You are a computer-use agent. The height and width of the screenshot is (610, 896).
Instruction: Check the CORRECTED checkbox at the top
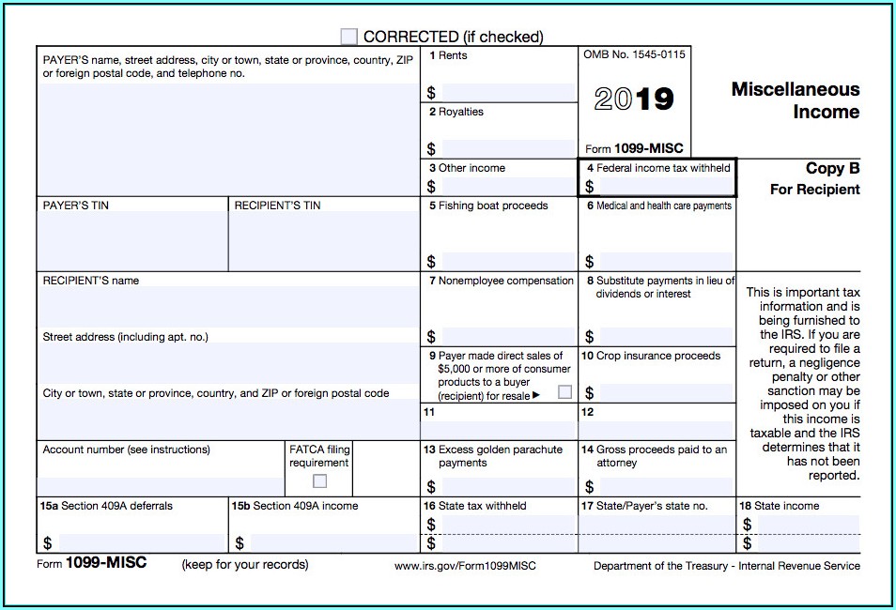pos(349,37)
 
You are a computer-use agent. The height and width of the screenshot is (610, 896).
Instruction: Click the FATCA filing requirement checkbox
pos(320,480)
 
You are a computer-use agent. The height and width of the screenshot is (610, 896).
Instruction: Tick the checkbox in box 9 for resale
pos(564,392)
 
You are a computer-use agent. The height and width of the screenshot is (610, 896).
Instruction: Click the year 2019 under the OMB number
pos(634,99)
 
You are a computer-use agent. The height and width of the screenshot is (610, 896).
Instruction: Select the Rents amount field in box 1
pos(507,92)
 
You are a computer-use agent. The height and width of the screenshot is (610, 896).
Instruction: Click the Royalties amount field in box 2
pos(507,148)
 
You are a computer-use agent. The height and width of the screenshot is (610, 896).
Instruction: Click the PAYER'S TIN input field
pos(132,241)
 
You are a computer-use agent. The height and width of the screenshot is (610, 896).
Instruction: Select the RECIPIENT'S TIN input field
pos(324,241)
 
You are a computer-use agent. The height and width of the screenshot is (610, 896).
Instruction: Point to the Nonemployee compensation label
pos(505,281)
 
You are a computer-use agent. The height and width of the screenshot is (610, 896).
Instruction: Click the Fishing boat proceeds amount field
pos(507,261)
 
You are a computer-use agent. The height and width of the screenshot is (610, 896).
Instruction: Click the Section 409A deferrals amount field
pos(142,542)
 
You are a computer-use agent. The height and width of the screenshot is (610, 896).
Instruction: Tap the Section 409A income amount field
pos(333,542)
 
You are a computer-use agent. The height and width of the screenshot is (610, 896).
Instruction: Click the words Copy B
pos(832,169)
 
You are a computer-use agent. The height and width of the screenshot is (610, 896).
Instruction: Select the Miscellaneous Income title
pos(796,100)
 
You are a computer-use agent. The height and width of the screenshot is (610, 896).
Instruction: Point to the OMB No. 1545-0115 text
pos(634,54)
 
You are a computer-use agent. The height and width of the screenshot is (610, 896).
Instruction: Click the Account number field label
pos(126,450)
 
